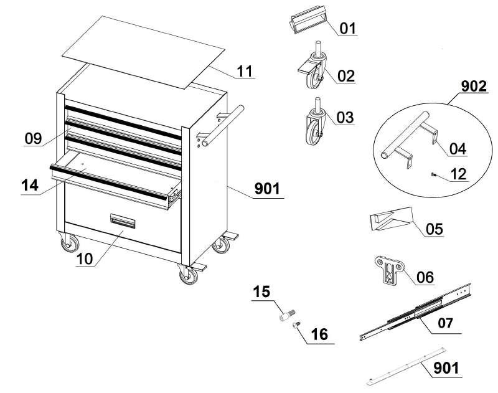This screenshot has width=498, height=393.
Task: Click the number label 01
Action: (347, 29)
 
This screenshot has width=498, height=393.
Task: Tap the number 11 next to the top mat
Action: (245, 71)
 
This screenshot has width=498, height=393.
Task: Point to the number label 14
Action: (29, 186)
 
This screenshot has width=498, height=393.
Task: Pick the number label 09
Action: (34, 138)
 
